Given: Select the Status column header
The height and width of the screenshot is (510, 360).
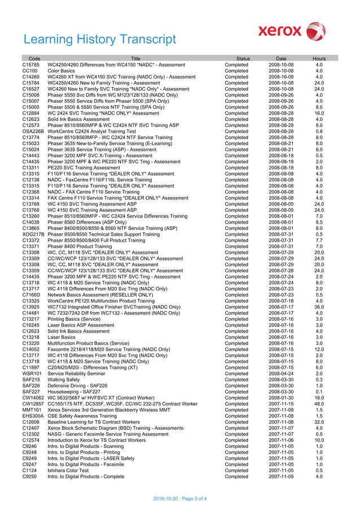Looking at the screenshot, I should click(x=243, y=58).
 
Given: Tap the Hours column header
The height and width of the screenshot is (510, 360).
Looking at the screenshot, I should click(x=319, y=58).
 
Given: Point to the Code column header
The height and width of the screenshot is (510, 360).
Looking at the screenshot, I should click(x=34, y=58).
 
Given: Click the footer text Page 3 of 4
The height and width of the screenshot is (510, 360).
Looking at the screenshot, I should click(x=180, y=498).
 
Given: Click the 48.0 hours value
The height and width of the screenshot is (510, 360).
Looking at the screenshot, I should click(x=319, y=404).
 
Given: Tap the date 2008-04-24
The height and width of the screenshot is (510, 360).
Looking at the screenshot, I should click(x=281, y=373).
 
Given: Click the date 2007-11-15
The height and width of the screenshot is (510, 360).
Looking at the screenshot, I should click(x=281, y=404).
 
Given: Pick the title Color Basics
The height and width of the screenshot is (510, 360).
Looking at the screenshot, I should click(x=61, y=71).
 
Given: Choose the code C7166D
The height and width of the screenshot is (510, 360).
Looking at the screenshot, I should click(x=32, y=294).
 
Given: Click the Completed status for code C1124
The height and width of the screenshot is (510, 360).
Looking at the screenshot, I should click(x=236, y=470).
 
